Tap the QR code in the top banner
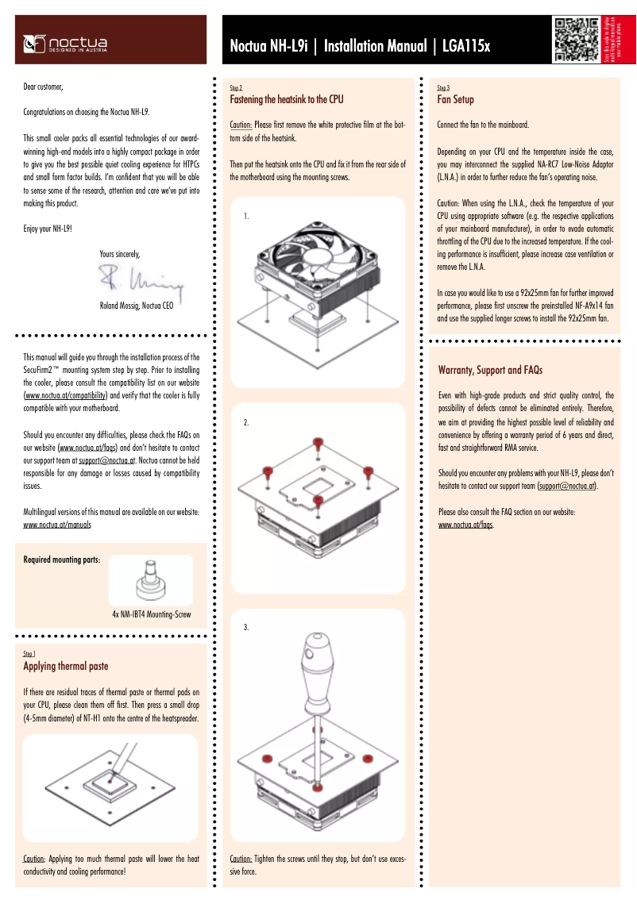pos(576,39)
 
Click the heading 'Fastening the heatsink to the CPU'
pos(286,100)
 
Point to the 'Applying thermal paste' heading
pos(66,666)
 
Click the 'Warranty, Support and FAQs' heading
pos(490,370)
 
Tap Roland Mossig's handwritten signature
pos(140,279)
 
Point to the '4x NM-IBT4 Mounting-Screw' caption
pos(151,614)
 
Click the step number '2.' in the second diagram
pos(246,423)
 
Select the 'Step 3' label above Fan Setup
pos(443,87)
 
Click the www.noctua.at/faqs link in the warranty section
pos(465,525)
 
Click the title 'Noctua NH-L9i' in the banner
pos(268,47)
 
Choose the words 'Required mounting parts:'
pos(61,560)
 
